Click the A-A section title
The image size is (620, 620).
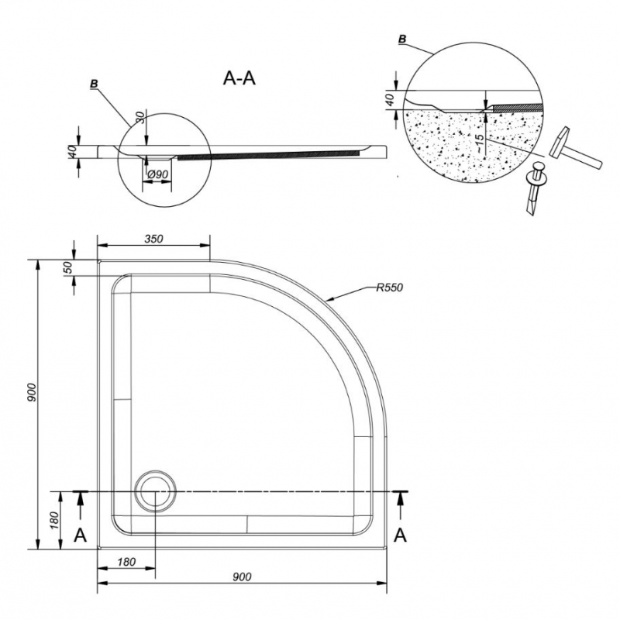pos(239,78)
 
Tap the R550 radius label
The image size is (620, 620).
pos(389,288)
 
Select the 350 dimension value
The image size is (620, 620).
pos(153,239)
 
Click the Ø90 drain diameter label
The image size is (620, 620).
pos(158,174)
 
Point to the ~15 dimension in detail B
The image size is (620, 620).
pos(479,143)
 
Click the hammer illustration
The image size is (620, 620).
pos(575,149)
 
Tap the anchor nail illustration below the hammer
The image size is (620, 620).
pos(536,188)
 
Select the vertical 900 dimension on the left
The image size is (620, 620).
pos(33,392)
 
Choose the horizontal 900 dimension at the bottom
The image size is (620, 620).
pos(242,577)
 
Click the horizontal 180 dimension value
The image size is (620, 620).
pos(126,562)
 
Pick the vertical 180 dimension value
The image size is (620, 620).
pos(54,521)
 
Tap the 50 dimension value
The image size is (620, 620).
pos(68,267)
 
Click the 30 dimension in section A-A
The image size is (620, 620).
pos(139,118)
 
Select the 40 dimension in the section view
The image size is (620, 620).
pos(71,151)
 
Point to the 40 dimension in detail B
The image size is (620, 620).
pos(391,100)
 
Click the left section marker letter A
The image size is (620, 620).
pos(81,536)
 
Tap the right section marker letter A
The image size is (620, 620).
pos(401,536)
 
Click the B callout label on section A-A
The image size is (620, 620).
pos(94,84)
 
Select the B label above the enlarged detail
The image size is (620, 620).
pos(402,39)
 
